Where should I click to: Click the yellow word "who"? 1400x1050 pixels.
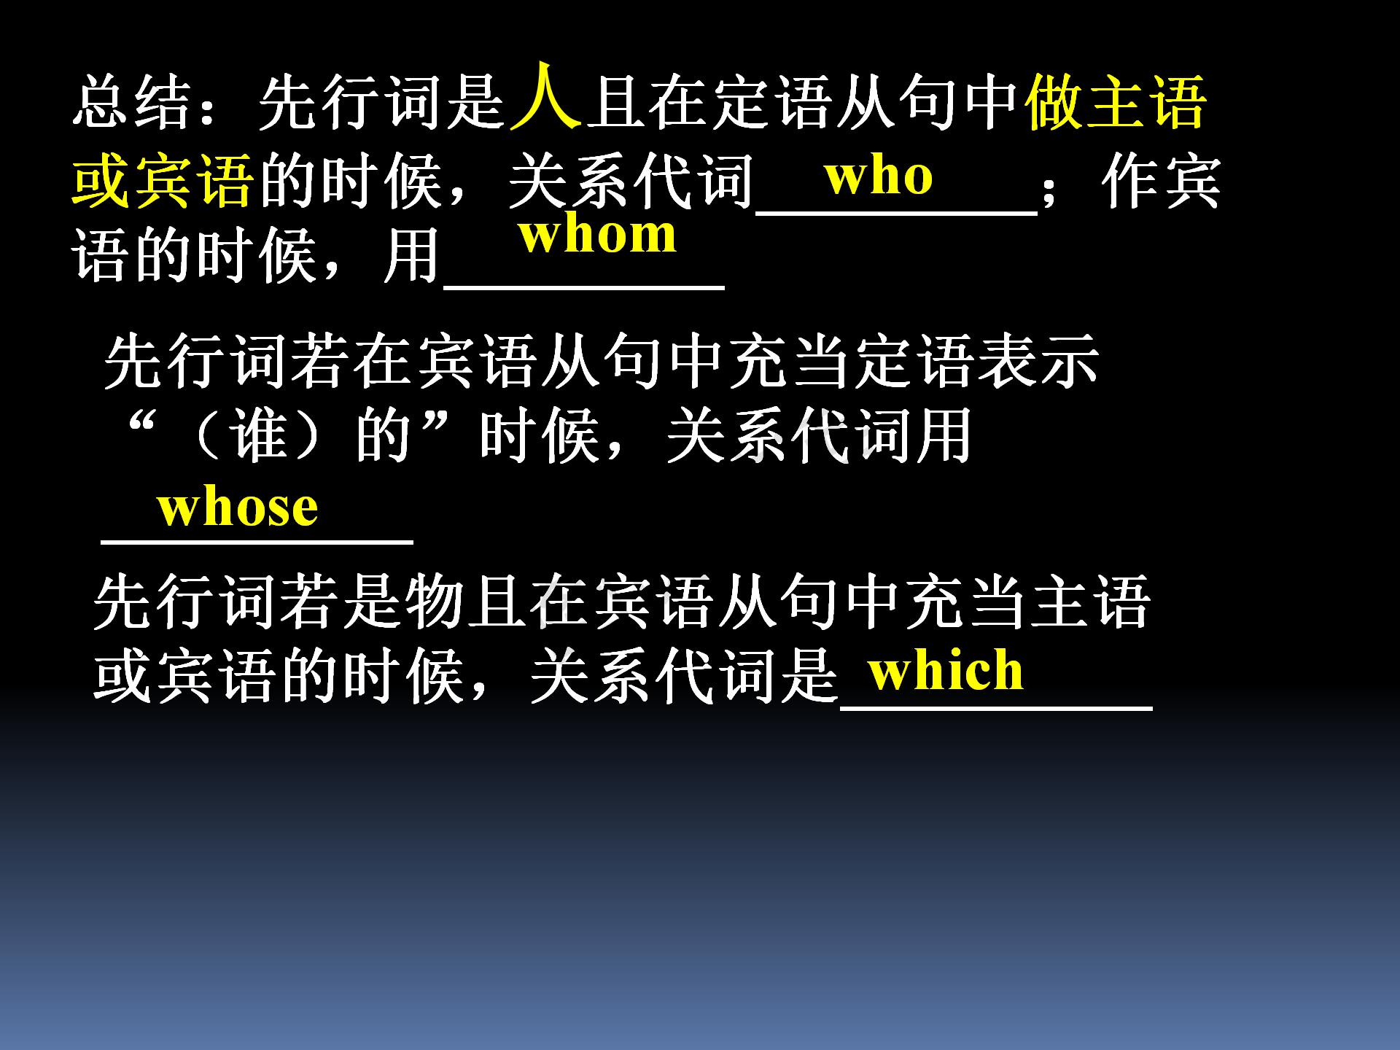878,176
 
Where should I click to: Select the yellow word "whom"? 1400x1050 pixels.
597,235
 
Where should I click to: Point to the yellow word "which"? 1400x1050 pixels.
946,670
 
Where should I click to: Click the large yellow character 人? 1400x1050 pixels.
545,97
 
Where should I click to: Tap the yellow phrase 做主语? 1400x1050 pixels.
1116,102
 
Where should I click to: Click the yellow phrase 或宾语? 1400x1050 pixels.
162,181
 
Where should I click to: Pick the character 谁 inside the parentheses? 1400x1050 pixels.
258,435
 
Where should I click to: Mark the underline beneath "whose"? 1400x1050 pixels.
257,542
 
